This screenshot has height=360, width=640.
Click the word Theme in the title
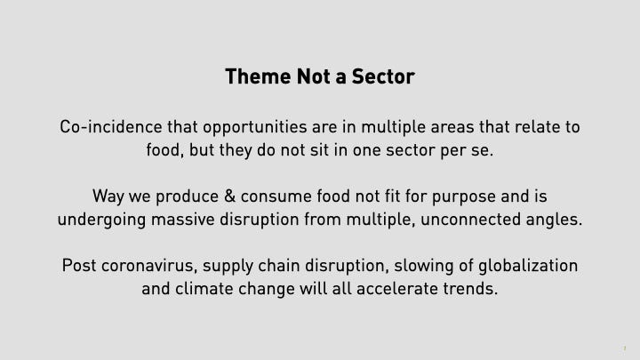pyautogui.click(x=258, y=76)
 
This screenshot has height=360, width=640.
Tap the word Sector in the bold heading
pyautogui.click(x=383, y=76)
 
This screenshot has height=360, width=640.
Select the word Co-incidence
pyautogui.click(x=111, y=126)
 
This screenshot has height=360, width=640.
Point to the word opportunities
pyautogui.click(x=255, y=127)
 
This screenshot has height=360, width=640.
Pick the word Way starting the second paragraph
pyautogui.click(x=108, y=196)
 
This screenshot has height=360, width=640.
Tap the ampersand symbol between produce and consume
pyautogui.click(x=230, y=196)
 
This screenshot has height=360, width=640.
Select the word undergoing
pyautogui.click(x=101, y=220)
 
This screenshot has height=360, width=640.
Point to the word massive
pyautogui.click(x=183, y=220)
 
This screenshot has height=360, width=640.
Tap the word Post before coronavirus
pyautogui.click(x=79, y=266)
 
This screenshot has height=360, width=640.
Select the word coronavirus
pyautogui.click(x=149, y=266)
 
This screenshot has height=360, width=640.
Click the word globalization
pyautogui.click(x=528, y=266)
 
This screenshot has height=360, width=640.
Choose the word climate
pyautogui.click(x=204, y=290)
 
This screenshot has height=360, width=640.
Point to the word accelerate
pyautogui.click(x=397, y=290)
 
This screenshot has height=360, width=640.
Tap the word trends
pyautogui.click(x=470, y=290)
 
